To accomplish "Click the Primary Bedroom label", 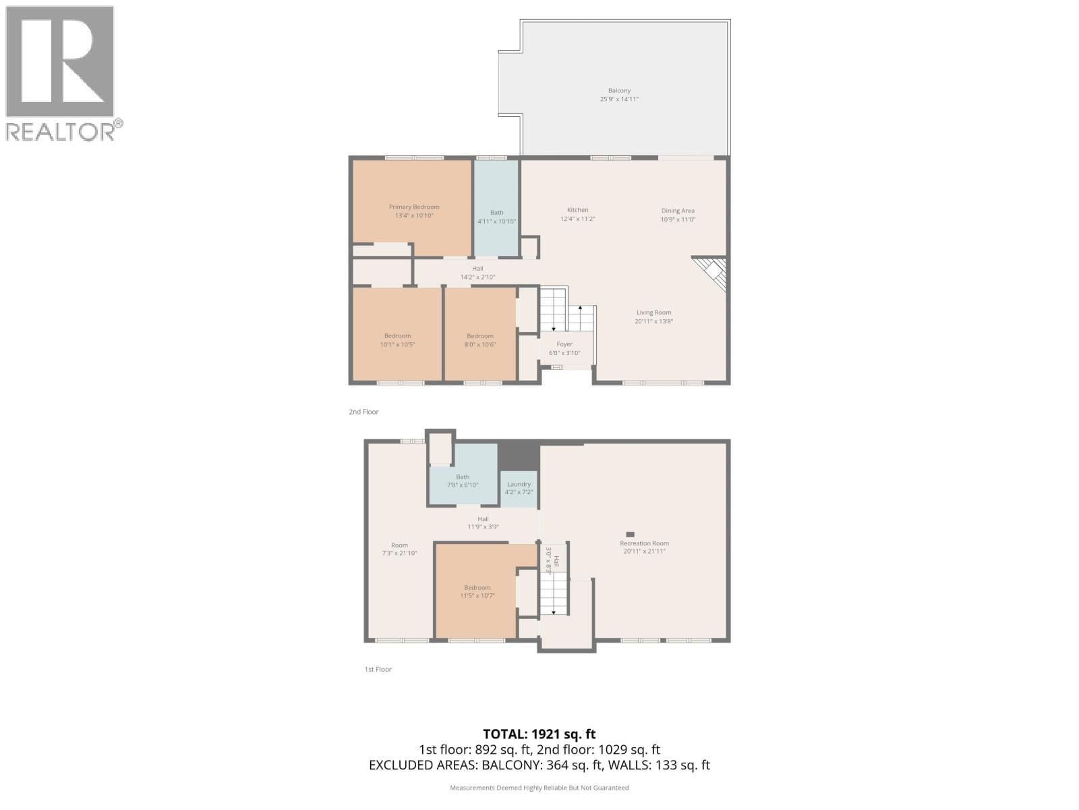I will click(x=413, y=207).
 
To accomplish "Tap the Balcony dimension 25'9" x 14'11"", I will click(x=619, y=99).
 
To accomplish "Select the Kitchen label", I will click(x=577, y=210).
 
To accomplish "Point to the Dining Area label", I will click(x=678, y=211).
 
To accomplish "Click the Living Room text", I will click(x=653, y=313).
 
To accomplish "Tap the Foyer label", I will click(x=564, y=344).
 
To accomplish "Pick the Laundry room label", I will click(x=519, y=484).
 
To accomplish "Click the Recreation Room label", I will click(x=644, y=543).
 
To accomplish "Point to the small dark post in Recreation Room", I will click(x=630, y=534).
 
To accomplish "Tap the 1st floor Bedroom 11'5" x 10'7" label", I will click(x=477, y=587).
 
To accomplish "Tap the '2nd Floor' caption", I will click(x=363, y=412).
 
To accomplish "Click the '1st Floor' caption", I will click(x=378, y=669).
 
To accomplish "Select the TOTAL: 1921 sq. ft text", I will click(x=539, y=734).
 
